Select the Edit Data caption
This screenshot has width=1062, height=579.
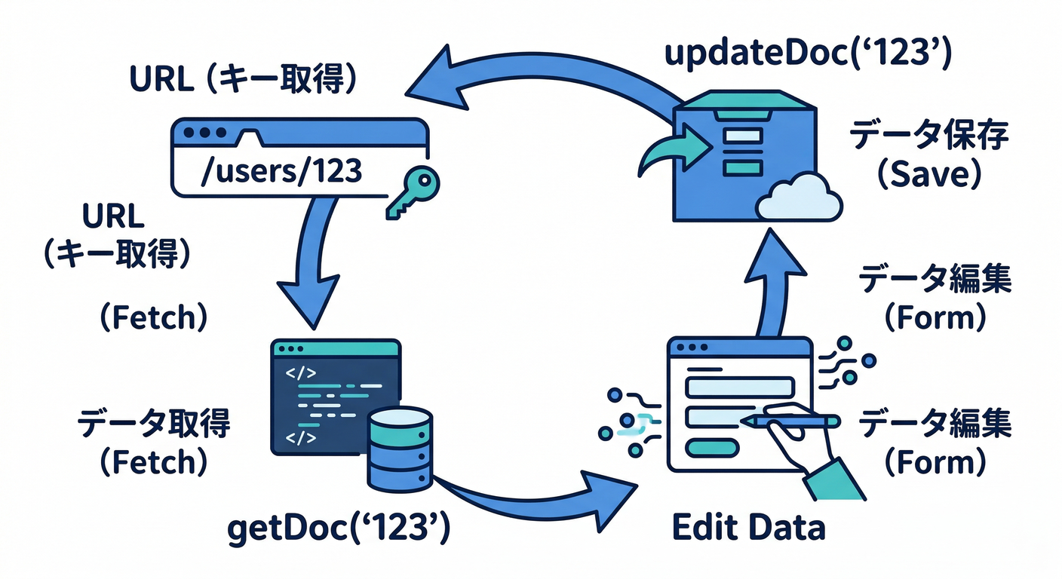[748, 528]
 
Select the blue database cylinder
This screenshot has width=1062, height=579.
[400, 449]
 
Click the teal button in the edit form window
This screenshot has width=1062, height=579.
[710, 447]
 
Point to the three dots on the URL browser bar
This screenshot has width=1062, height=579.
[210, 132]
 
